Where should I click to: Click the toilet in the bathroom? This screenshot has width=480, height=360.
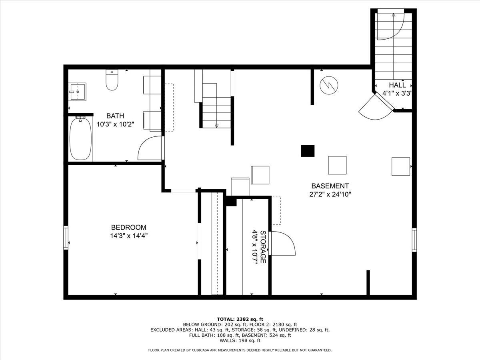tap(112, 81)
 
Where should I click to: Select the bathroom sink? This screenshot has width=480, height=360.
tap(77, 92)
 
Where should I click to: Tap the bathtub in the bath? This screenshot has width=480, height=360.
tap(81, 138)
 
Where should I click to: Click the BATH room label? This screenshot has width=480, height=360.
tap(115, 116)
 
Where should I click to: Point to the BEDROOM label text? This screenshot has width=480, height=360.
tap(128, 227)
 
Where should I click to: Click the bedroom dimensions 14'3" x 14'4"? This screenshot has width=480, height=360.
tap(129, 236)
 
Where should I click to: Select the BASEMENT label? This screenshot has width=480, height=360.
tap(330, 186)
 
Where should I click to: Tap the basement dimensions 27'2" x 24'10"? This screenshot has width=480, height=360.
tap(330, 194)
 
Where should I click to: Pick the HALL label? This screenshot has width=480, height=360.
tap(397, 85)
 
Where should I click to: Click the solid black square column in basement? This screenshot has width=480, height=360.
tap(308, 151)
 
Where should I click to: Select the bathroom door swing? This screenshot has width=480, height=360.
tap(150, 148)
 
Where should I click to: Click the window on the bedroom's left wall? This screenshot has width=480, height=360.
tap(66, 238)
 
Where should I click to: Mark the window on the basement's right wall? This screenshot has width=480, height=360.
tap(414, 240)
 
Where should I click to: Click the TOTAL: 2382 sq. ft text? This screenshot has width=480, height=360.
tap(240, 319)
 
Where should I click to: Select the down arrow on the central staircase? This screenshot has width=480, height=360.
tap(216, 126)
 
